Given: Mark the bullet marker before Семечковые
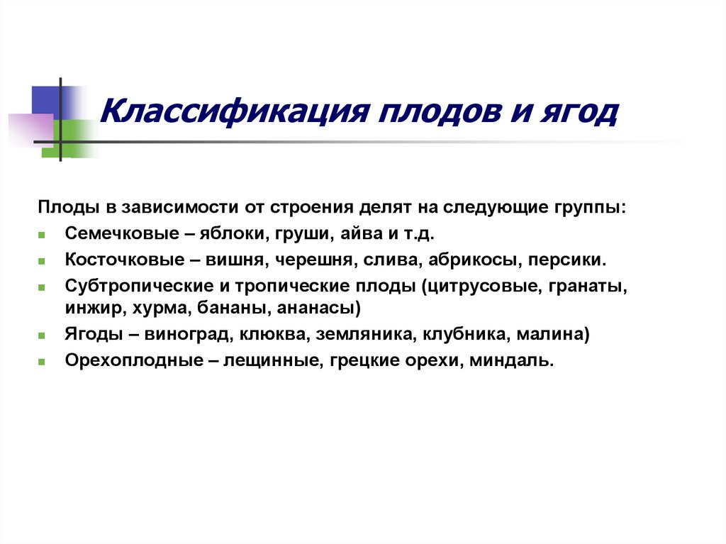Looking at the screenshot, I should click(43, 235).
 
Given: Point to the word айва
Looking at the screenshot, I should click(365, 233).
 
